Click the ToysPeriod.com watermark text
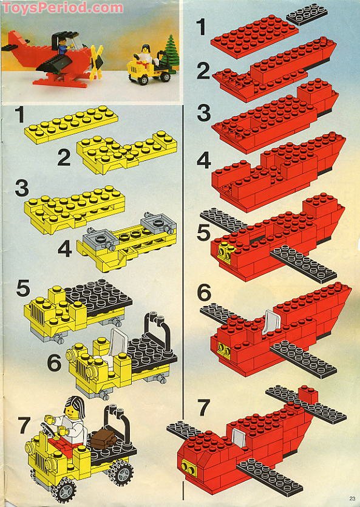tap(62, 7)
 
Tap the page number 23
tap(352, 498)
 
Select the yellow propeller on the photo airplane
tap(97, 62)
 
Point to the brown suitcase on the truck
tap(103, 438)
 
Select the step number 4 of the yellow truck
tap(64, 250)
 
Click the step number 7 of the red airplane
tap(204, 407)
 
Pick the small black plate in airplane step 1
tap(307, 14)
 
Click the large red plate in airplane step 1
tap(254, 36)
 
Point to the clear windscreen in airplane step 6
tap(271, 322)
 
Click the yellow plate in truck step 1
tap(71, 124)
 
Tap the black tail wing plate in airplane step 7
tap(306, 404)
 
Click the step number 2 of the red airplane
tap(203, 72)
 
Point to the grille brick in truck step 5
tap(36, 311)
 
